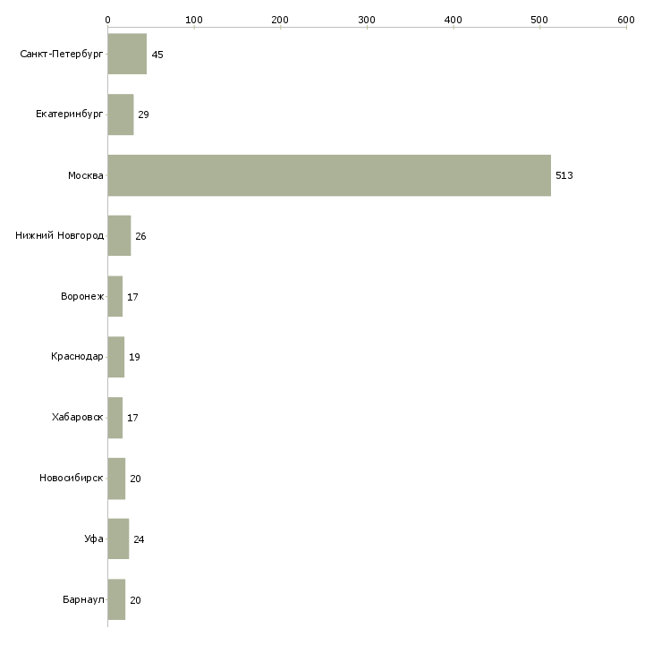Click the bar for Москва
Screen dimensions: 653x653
[329, 175]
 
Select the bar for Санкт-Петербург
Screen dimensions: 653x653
[127, 54]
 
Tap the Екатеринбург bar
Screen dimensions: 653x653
[121, 114]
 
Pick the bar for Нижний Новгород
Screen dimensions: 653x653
[119, 236]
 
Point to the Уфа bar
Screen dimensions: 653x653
[118, 539]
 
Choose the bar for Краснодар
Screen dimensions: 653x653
[116, 357]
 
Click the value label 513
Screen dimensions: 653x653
[564, 175]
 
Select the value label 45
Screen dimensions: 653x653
[157, 55]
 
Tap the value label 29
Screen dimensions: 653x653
[143, 114]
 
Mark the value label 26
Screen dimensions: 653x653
[140, 236]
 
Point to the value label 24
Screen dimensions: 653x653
[139, 539]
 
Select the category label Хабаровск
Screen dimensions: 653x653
[78, 418]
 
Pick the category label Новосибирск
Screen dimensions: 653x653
[72, 479]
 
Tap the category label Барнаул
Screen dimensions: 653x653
[83, 600]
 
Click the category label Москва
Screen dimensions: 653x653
[86, 175]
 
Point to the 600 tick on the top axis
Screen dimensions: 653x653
[625, 19]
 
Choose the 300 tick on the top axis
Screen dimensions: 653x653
[367, 19]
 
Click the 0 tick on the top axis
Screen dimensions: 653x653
[107, 19]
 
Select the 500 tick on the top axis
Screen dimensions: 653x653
[539, 19]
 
